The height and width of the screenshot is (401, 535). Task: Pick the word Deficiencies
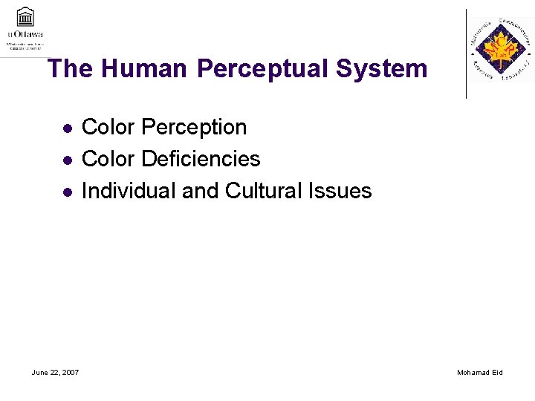201,159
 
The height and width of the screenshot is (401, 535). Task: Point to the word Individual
129,191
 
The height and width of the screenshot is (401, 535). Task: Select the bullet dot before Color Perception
67,128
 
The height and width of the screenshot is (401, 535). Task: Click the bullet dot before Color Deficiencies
67,160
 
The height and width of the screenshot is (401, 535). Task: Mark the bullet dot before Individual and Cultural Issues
67,192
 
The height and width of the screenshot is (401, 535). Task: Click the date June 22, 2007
56,372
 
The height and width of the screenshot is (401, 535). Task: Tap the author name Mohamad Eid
480,372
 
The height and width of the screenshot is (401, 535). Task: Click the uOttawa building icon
25,16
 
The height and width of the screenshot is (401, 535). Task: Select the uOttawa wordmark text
25,33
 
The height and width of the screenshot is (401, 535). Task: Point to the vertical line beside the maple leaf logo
467,53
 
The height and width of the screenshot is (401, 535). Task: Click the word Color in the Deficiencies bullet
108,159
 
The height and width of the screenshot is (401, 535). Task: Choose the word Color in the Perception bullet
108,128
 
